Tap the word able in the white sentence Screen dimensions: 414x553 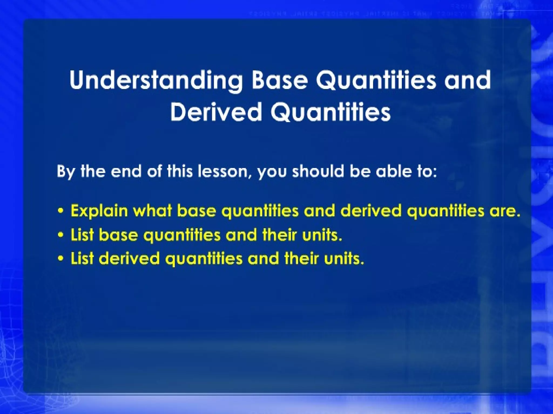(x=392, y=171)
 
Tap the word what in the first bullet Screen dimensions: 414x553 (x=153, y=211)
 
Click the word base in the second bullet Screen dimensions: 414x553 (x=118, y=235)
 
